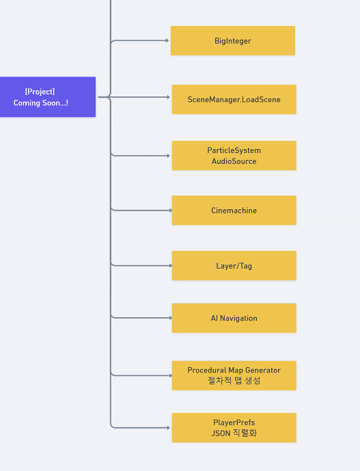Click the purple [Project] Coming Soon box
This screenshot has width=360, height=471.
pos(48,96)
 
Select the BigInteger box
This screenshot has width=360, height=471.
pos(233,40)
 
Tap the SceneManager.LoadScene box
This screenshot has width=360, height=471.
pos(234,99)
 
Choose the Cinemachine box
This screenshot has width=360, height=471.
pos(234,211)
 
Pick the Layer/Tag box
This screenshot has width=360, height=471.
pos(234,265)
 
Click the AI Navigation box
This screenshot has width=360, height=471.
pos(234,318)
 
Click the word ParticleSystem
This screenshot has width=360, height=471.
pos(234,150)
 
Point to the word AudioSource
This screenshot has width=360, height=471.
pos(234,161)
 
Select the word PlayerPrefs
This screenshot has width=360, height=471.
pos(234,422)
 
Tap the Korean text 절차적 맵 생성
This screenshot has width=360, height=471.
pos(234,381)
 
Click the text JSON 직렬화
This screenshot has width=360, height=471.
pos(234,433)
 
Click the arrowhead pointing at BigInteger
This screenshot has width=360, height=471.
pos(167,40)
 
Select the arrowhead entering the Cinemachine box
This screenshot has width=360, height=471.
pos(171,211)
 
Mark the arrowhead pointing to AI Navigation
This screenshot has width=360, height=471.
pos(171,318)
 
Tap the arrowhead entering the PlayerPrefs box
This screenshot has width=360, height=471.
pos(169,428)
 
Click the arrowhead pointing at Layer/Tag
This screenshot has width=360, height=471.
pos(171,265)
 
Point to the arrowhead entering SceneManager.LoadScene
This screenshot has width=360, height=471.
pos(169,97)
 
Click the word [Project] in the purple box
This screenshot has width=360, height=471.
pos(40,92)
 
